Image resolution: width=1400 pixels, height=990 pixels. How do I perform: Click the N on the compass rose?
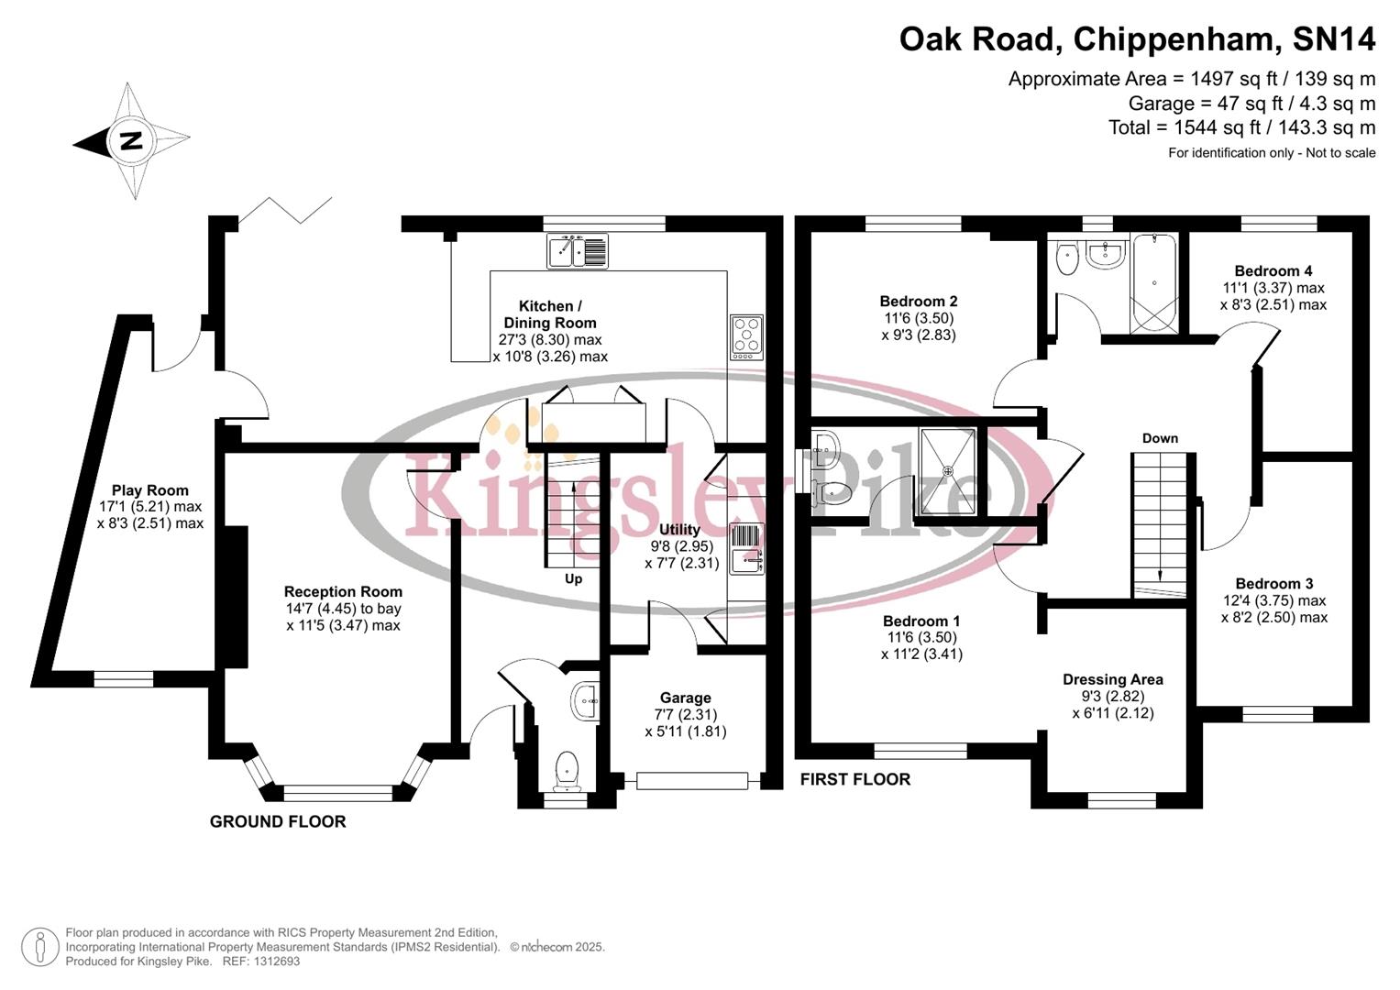coord(131,141)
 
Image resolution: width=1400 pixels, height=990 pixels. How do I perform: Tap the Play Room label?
coord(149,490)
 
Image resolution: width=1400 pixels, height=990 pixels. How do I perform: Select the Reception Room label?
coord(343,592)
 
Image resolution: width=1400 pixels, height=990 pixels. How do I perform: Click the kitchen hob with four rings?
coord(745,337)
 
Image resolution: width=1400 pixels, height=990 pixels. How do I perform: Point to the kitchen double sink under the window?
coord(577,251)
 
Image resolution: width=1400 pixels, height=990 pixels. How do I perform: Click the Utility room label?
coord(679,530)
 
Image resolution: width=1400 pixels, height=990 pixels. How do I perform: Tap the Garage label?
coord(685,698)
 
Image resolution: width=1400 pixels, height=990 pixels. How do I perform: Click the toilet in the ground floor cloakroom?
coord(568,770)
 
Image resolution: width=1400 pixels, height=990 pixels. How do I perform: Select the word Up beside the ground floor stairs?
coord(573,579)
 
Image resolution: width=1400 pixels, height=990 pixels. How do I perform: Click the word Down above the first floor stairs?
coord(1160,438)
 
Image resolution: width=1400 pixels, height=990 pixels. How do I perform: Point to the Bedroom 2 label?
coord(918,302)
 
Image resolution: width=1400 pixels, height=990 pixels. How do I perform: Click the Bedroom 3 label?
coord(1273,584)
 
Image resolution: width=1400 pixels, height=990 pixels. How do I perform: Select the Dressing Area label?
coord(1112,680)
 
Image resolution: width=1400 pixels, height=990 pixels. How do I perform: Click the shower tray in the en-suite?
coord(948,470)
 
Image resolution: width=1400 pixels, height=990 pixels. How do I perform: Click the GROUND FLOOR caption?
coord(278,822)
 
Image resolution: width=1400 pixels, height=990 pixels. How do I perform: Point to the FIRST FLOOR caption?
coord(854,780)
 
